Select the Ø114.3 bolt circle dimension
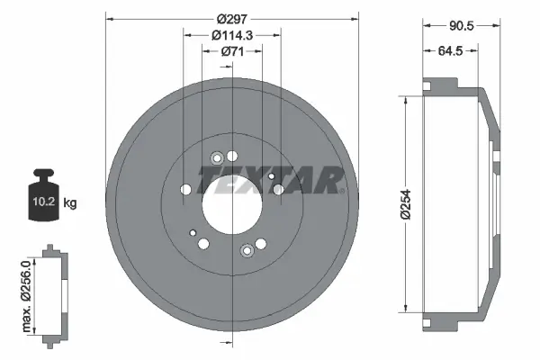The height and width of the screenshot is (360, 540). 232,34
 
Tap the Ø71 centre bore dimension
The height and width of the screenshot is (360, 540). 233,51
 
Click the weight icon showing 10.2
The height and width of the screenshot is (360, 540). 44,195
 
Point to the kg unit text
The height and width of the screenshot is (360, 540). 70,203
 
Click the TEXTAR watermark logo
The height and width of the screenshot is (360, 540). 270,180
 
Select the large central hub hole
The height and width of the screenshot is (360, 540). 232,200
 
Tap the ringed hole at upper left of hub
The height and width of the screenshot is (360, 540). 216,159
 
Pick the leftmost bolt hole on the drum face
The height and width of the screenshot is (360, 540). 186,189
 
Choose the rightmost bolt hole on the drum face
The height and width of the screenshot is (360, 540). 278,190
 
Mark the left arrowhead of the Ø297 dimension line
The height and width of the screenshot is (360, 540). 109,18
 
